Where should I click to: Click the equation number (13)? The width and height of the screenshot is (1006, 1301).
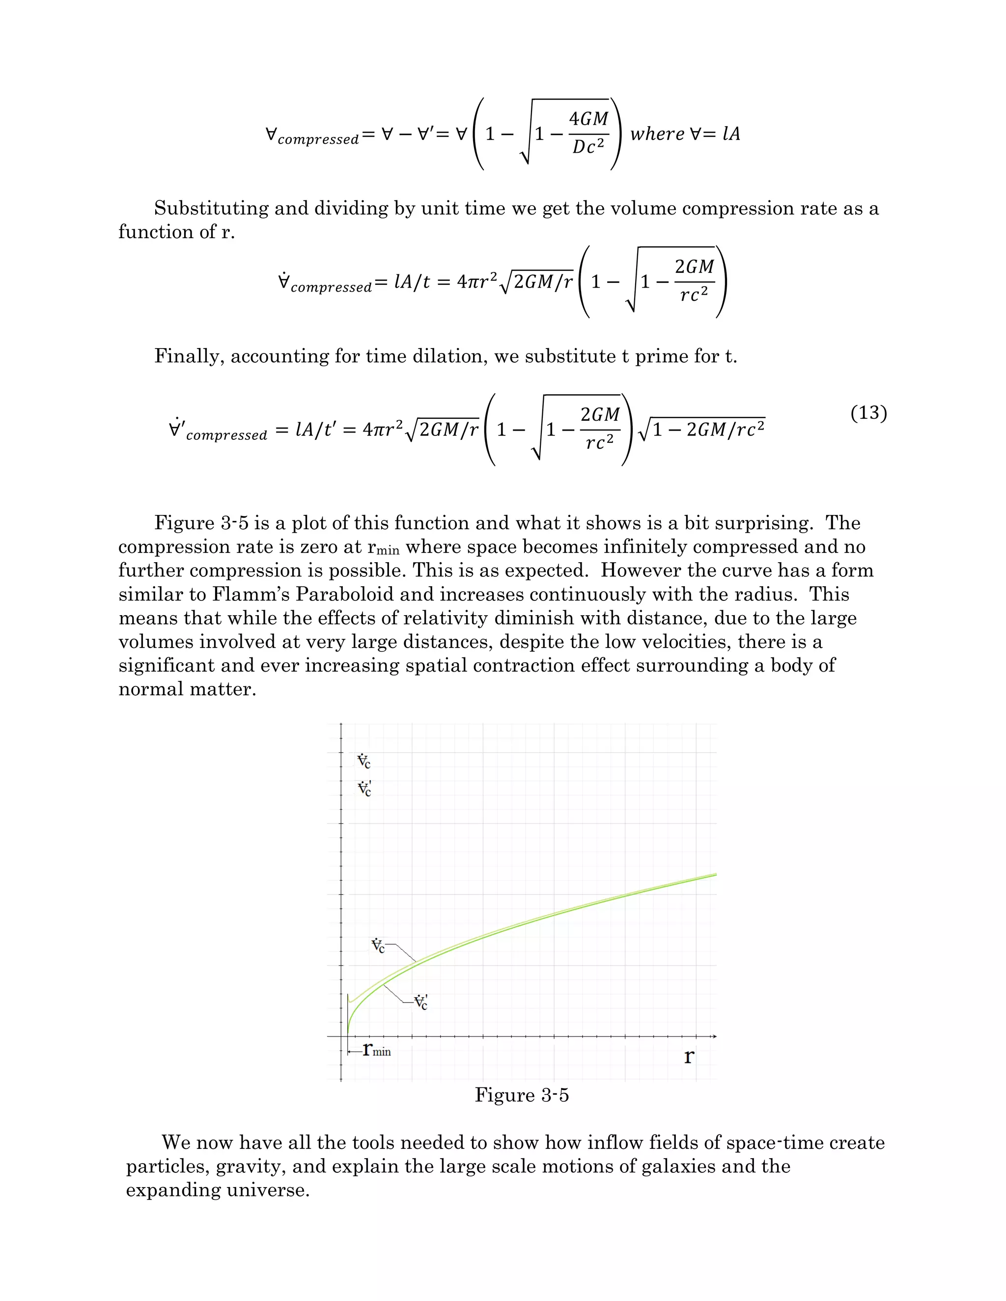click(x=868, y=413)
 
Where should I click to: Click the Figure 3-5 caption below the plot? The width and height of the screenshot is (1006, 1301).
click(x=522, y=1095)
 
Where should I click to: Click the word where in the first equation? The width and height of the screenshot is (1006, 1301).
click(x=657, y=134)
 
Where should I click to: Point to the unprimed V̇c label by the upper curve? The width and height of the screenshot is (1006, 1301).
click(x=378, y=946)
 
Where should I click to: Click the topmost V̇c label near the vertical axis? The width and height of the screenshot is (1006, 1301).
click(x=363, y=761)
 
